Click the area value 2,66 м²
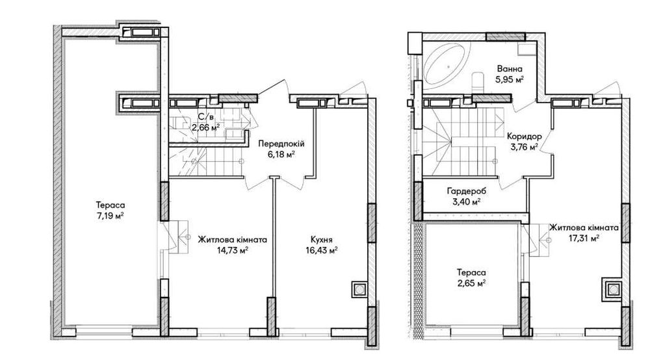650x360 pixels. pyautogui.click(x=205, y=127)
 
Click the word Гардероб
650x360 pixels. pyautogui.click(x=466, y=192)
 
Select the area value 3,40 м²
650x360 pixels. pyautogui.click(x=466, y=202)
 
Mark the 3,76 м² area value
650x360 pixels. pyautogui.click(x=525, y=147)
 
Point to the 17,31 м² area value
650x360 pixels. pyautogui.click(x=584, y=238)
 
